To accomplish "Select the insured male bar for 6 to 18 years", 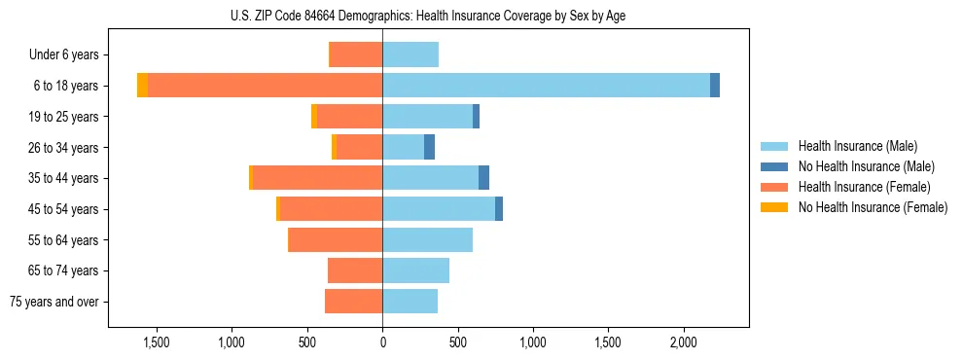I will point(546,86).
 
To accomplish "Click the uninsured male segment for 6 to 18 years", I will point(715,86).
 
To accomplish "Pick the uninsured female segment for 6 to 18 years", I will point(142,86).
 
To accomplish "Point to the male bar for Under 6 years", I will point(410,54).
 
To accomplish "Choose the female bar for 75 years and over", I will point(353,302).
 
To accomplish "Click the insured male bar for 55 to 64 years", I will point(427,240).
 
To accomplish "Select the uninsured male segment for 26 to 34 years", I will point(429,147).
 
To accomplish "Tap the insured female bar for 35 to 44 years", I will point(317,178).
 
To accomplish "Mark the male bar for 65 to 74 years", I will point(415,270).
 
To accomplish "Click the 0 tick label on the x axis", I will point(382,343).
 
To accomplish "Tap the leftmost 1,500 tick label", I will point(157,343).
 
